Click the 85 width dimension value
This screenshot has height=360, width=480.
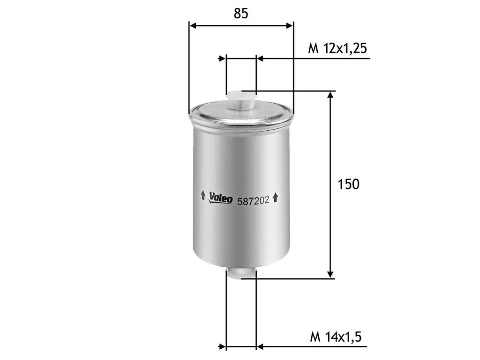point(241,14)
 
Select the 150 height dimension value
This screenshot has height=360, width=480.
point(348,184)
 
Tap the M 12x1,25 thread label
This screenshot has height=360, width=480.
point(337,49)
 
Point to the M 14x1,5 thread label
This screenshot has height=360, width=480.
point(336,337)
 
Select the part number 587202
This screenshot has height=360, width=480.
point(253,201)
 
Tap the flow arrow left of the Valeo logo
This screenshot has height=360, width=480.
point(202,195)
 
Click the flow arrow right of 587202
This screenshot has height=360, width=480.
point(275,197)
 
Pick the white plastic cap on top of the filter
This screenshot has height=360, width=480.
point(240,100)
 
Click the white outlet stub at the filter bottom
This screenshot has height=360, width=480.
point(240,273)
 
